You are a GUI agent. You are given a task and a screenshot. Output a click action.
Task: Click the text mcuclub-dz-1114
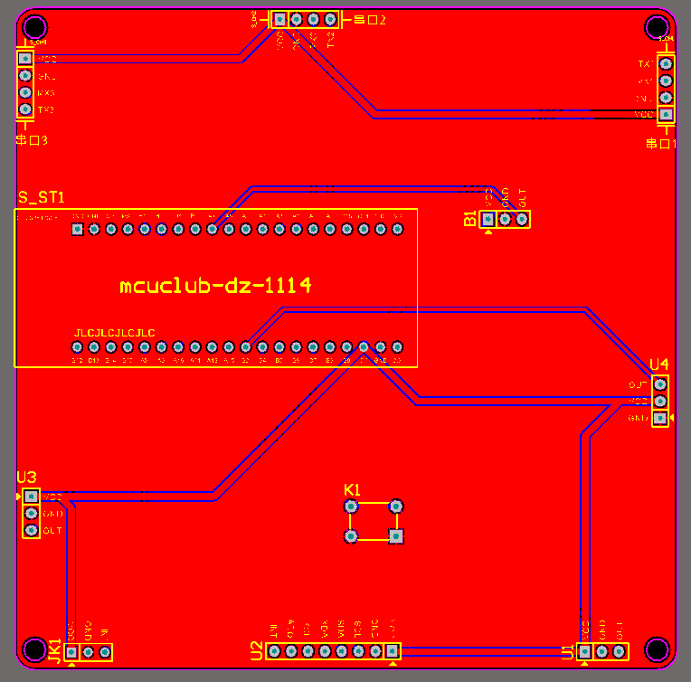pos(215,286)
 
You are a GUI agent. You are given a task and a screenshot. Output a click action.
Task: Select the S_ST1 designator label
pos(42,197)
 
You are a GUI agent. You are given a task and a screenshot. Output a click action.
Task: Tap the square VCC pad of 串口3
pos(25,58)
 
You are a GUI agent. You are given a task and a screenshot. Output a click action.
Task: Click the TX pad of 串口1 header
pos(666,64)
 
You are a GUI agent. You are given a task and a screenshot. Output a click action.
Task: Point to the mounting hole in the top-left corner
pos(34,26)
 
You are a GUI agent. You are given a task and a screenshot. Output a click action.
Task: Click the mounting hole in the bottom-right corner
pos(657,649)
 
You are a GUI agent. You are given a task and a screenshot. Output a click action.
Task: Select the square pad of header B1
pos(488,219)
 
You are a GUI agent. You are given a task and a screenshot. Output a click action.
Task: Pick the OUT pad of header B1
pos(523,219)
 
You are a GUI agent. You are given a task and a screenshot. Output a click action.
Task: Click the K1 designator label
pos(352,489)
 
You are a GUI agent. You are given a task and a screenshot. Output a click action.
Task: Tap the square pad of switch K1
pos(395,536)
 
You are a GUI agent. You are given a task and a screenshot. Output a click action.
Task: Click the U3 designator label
pos(26,478)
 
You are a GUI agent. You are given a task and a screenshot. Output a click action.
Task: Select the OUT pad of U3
pos(32,530)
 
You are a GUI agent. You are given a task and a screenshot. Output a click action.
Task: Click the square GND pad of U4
pos(660,418)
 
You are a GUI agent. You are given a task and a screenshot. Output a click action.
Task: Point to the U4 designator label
pos(658,365)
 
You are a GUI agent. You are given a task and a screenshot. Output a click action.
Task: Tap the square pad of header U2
pos(393,650)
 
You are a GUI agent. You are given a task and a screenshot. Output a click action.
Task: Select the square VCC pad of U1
pos(585,651)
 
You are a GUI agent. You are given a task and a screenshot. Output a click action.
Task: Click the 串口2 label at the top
pos(369,20)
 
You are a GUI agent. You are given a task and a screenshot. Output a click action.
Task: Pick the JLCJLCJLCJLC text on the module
pos(114,333)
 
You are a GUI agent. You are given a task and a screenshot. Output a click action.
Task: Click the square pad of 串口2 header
pos(279,19)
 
